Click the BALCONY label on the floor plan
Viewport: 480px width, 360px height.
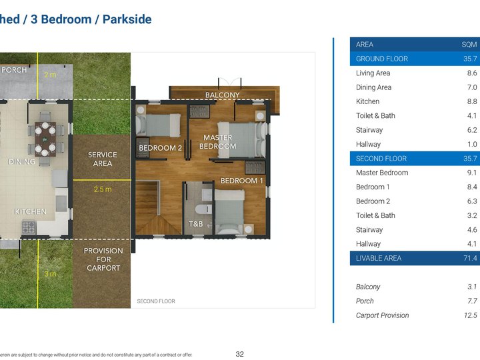(x=222, y=95)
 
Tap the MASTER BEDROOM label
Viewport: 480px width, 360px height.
(x=217, y=142)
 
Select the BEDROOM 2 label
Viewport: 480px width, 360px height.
(x=160, y=148)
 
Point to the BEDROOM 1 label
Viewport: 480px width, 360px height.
(x=242, y=181)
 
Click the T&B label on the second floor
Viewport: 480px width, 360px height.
(x=195, y=224)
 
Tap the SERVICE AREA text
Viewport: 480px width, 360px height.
(x=103, y=159)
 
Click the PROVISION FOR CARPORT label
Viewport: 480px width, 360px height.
(x=103, y=259)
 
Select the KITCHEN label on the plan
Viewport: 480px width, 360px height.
(x=31, y=211)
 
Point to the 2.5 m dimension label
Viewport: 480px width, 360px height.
(x=103, y=189)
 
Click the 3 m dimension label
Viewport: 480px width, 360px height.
(x=50, y=274)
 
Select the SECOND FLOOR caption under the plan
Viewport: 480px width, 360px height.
(x=156, y=301)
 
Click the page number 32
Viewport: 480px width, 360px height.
(x=239, y=354)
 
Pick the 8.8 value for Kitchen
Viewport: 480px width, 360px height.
(x=471, y=101)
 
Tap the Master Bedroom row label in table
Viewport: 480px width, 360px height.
(x=382, y=173)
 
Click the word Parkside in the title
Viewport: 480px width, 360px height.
(x=127, y=19)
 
